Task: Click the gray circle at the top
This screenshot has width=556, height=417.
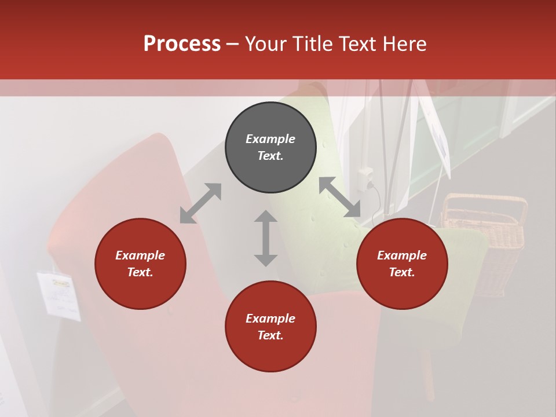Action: coord(270,147)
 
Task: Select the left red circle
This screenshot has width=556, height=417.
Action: coord(140,264)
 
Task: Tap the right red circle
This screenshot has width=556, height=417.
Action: coord(402,264)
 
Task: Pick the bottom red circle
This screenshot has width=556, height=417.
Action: coord(270,327)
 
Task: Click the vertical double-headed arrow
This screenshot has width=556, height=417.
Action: coord(266,238)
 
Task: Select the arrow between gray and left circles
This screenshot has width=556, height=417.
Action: coord(200,203)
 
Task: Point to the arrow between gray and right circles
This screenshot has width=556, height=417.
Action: coord(339,197)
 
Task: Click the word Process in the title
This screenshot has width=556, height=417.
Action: coord(182,43)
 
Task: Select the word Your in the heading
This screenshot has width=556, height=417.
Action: coord(266,43)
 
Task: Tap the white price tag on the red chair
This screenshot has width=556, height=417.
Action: coord(59,295)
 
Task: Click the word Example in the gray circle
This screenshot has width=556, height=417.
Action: coord(270,139)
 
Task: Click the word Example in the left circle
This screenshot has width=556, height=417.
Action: coord(140,255)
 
